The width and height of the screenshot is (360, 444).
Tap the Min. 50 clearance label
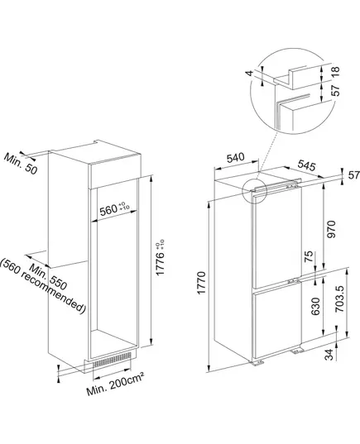[21, 164]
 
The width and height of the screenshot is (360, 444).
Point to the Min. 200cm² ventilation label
[115, 384]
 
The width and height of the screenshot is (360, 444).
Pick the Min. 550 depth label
[48, 277]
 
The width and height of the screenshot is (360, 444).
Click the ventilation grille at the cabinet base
[112, 360]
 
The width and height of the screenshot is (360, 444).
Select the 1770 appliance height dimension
[201, 283]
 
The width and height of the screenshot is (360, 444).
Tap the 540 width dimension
[235, 158]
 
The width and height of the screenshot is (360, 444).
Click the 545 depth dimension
[306, 165]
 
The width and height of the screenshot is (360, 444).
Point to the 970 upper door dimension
[331, 229]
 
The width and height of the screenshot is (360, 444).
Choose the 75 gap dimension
[310, 256]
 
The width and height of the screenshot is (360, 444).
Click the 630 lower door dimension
[315, 307]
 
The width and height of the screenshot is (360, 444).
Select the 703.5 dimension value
[339, 298]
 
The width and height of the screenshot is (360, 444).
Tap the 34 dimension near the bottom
[329, 355]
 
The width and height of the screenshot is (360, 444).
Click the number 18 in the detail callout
[335, 71]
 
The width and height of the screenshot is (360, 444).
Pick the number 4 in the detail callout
[249, 73]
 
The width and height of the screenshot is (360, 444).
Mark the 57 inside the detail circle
[336, 90]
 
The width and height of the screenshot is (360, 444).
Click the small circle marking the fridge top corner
[255, 191]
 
